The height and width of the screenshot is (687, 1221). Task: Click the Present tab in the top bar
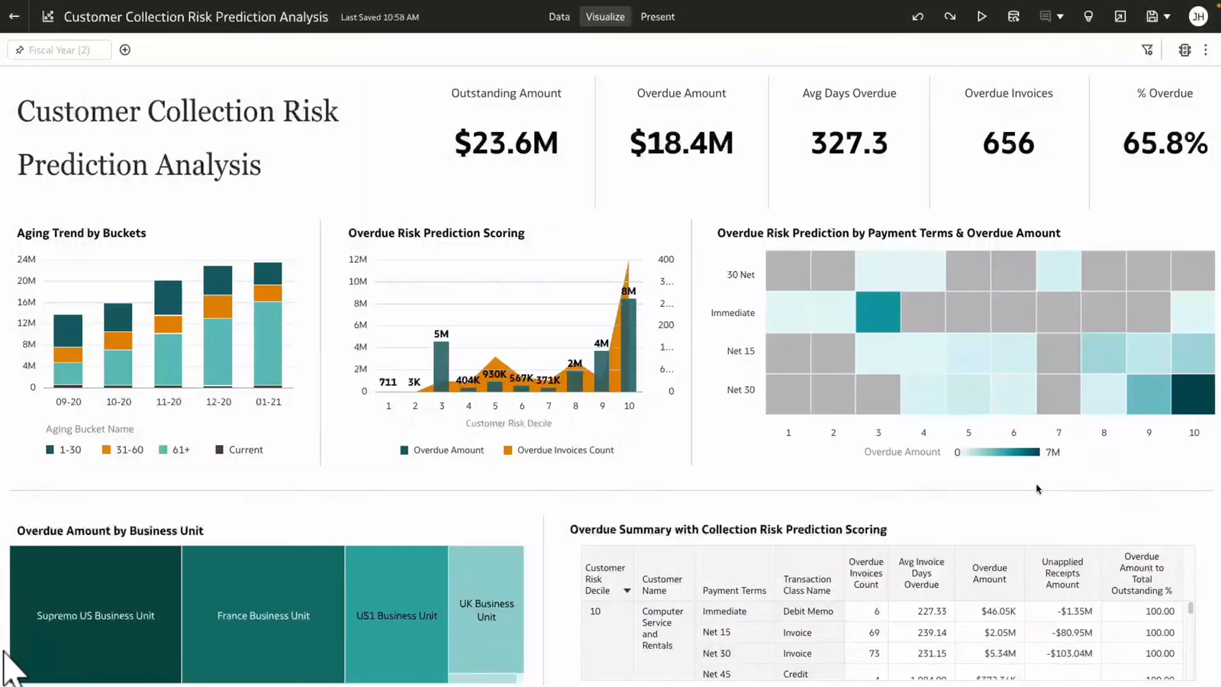pyautogui.click(x=657, y=17)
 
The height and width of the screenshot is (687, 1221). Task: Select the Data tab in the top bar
pyautogui.click(x=559, y=17)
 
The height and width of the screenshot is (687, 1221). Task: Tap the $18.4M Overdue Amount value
pyautogui.click(x=681, y=143)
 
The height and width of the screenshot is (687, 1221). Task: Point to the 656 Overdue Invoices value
pyautogui.click(x=1008, y=143)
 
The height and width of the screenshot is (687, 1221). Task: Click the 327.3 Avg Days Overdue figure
pyautogui.click(x=849, y=143)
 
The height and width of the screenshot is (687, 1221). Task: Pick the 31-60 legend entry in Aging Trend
pyautogui.click(x=123, y=450)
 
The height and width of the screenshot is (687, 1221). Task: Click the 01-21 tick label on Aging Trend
pyautogui.click(x=268, y=402)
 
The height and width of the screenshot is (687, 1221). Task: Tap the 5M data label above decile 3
pyautogui.click(x=441, y=334)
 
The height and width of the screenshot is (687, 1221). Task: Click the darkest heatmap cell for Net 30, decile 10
pyautogui.click(x=1193, y=394)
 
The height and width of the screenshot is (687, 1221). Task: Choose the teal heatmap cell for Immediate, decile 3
pyautogui.click(x=878, y=312)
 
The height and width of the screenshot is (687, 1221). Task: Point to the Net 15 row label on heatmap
pyautogui.click(x=740, y=351)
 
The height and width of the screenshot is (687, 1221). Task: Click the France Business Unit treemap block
pyautogui.click(x=263, y=615)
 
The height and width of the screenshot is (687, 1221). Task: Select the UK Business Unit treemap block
pyautogui.click(x=486, y=610)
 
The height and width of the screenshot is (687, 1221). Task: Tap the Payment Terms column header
pyautogui.click(x=734, y=591)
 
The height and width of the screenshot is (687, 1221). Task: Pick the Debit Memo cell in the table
pyautogui.click(x=807, y=611)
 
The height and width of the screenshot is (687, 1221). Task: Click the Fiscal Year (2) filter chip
pyautogui.click(x=59, y=50)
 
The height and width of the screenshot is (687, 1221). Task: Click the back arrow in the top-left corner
pyautogui.click(x=14, y=16)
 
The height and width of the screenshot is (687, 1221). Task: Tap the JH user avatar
pyautogui.click(x=1198, y=17)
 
